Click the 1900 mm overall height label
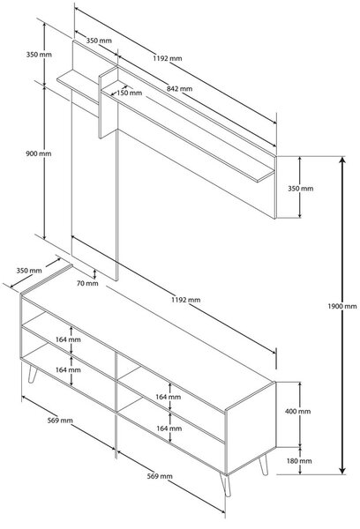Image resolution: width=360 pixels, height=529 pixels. click(x=342, y=306)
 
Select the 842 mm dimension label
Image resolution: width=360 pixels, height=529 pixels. click(x=180, y=89)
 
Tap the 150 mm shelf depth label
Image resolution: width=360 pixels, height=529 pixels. click(x=130, y=93)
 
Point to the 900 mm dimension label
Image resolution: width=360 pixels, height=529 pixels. click(x=39, y=153)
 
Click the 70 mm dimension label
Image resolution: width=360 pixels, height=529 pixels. click(x=87, y=283)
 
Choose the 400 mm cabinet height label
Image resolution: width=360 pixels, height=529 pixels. click(x=298, y=411)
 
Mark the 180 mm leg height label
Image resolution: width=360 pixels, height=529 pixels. click(x=299, y=461)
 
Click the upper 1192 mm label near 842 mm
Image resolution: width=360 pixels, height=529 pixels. click(x=168, y=58)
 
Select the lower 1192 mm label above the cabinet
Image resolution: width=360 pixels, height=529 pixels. click(x=186, y=300)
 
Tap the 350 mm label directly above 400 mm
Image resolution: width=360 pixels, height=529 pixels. click(x=301, y=189)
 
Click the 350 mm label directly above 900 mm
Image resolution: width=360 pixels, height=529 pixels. click(x=39, y=55)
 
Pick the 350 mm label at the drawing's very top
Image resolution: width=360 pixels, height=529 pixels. click(x=99, y=41)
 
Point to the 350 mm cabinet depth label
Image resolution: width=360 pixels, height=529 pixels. click(x=29, y=271)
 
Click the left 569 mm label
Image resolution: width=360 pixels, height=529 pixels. click(x=60, y=421)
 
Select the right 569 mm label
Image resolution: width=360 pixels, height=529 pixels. click(x=160, y=476)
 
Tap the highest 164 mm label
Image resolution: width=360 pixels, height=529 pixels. click(x=68, y=339)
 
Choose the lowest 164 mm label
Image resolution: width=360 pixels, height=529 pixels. click(x=169, y=428)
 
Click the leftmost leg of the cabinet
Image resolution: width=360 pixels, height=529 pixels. click(x=32, y=374)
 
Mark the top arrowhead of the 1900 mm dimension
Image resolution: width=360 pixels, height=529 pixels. click(x=342, y=160)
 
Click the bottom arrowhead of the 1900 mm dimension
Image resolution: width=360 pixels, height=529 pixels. click(x=342, y=470)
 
